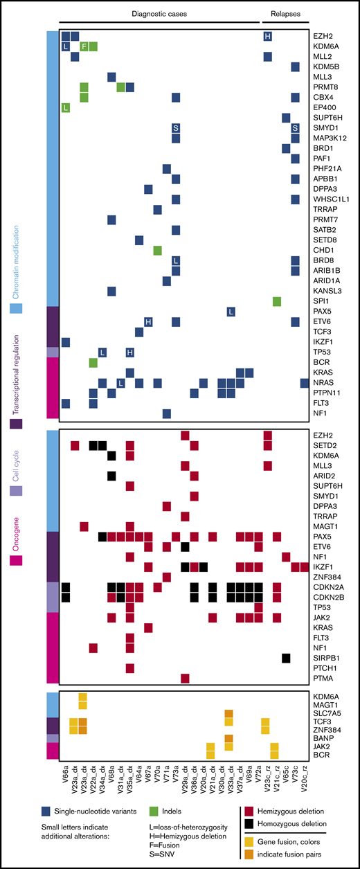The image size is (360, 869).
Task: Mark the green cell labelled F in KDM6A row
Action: pos(84,46)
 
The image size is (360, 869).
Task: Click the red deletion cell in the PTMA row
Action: pos(185,678)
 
